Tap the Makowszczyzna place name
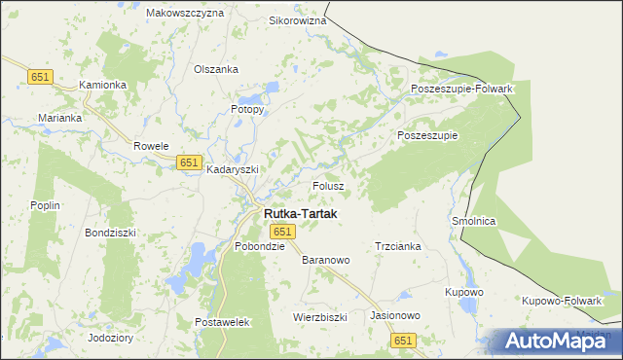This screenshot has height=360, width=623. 185,14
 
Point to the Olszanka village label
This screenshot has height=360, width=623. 216,69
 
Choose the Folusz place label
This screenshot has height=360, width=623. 328,185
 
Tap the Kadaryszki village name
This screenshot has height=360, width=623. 233,169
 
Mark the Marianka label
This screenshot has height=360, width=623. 60,118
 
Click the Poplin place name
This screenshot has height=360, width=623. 45,205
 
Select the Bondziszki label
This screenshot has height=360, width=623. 111,234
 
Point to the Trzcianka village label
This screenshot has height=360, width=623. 397,247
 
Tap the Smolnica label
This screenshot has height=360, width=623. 474,222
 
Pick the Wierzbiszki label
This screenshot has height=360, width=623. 320,317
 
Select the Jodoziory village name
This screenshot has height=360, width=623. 110,338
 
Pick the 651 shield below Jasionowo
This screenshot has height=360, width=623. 404,340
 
